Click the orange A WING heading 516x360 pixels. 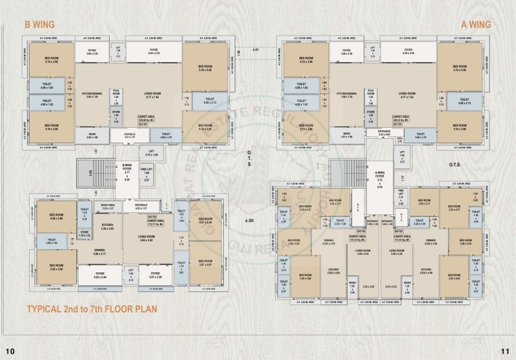coord(476,25)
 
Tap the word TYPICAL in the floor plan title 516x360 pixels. coord(46,309)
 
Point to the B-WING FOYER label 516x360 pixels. coord(128,172)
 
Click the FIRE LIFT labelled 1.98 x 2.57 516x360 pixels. coord(146,175)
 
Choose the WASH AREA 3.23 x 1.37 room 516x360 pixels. coord(107,207)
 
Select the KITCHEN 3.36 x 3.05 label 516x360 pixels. coord(106,226)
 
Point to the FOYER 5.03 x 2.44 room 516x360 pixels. coord(101,275)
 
